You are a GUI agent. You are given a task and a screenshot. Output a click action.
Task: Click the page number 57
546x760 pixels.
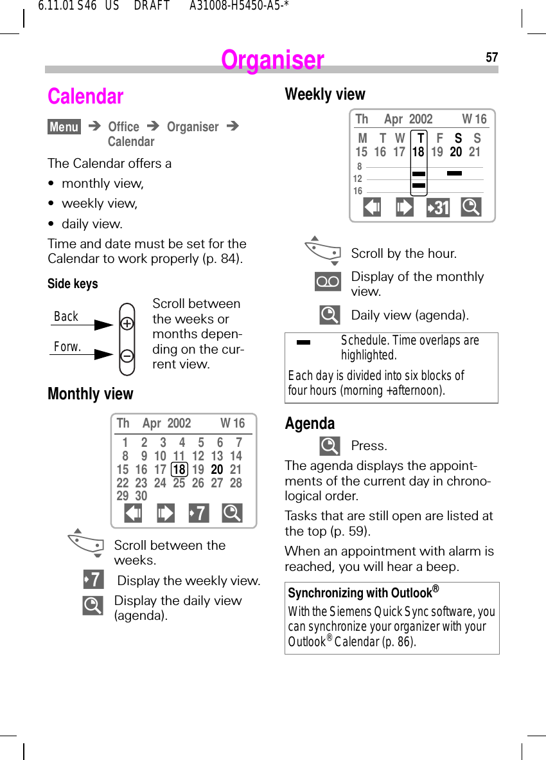coord(491,58)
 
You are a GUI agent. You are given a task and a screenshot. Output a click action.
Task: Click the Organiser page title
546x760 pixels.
coord(272,60)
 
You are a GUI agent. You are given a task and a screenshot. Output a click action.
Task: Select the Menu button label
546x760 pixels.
coord(64,127)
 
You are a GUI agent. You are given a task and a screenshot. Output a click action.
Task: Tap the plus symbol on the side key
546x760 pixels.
coord(127,324)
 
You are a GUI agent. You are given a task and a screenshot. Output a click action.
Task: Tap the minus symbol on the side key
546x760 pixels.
coord(127,355)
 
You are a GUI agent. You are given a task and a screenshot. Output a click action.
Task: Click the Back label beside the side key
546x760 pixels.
coord(66,316)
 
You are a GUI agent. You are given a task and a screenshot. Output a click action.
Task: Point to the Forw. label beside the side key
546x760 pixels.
coord(67,347)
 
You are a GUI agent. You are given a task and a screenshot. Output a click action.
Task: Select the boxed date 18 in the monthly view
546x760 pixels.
coord(179,469)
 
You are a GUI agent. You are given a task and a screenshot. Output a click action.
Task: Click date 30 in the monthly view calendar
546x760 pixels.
coord(141,496)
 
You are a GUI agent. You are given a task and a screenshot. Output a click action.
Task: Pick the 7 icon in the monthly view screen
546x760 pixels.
coord(199,513)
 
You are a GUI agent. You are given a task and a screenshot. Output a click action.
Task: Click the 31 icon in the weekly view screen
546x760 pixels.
coord(438,208)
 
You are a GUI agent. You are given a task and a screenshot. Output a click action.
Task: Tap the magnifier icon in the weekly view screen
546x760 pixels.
coord(471,207)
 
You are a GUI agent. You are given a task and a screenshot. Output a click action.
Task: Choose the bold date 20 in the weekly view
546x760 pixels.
coord(455,152)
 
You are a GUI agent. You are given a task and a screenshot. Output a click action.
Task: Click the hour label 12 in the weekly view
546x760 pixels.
coord(358,179)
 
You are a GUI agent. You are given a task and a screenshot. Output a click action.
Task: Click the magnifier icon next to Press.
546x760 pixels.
coord(330,446)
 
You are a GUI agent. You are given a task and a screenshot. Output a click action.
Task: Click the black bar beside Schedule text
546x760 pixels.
coord(303,342)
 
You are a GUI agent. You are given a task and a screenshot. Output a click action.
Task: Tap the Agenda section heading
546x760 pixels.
coord(310,423)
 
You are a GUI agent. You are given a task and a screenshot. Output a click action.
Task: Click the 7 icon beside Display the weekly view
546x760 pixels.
coord(93,580)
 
